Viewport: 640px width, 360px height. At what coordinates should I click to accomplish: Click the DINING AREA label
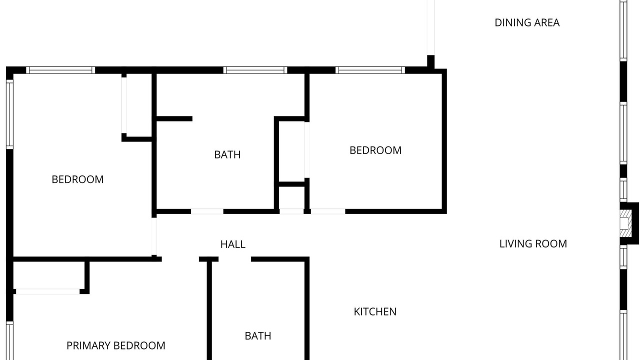(527, 23)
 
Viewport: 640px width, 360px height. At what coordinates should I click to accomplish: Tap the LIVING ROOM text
(533, 244)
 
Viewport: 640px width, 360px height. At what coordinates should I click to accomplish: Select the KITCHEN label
(375, 311)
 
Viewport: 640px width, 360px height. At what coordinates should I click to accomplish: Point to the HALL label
(233, 244)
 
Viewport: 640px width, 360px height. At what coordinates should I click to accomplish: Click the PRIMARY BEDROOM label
(115, 345)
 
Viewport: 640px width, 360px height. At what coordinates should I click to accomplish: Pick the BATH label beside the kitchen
(258, 336)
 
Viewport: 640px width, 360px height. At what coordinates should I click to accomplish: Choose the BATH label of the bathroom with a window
(227, 155)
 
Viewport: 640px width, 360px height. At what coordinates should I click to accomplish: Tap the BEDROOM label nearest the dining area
(375, 150)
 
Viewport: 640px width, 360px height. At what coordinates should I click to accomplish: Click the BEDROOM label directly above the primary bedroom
(77, 179)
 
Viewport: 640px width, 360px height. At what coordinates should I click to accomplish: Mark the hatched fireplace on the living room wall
(625, 223)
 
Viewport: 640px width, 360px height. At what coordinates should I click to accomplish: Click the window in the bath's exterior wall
(255, 70)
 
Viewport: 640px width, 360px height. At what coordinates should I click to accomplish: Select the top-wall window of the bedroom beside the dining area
(370, 70)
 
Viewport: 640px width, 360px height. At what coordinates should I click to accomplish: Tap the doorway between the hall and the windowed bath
(207, 211)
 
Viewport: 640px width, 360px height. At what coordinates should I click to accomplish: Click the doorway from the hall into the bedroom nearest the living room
(328, 211)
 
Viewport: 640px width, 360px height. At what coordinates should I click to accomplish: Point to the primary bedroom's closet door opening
(47, 291)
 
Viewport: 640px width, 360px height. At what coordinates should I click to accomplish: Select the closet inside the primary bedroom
(49, 275)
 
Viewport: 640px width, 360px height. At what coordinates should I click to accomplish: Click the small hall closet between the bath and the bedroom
(291, 197)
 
